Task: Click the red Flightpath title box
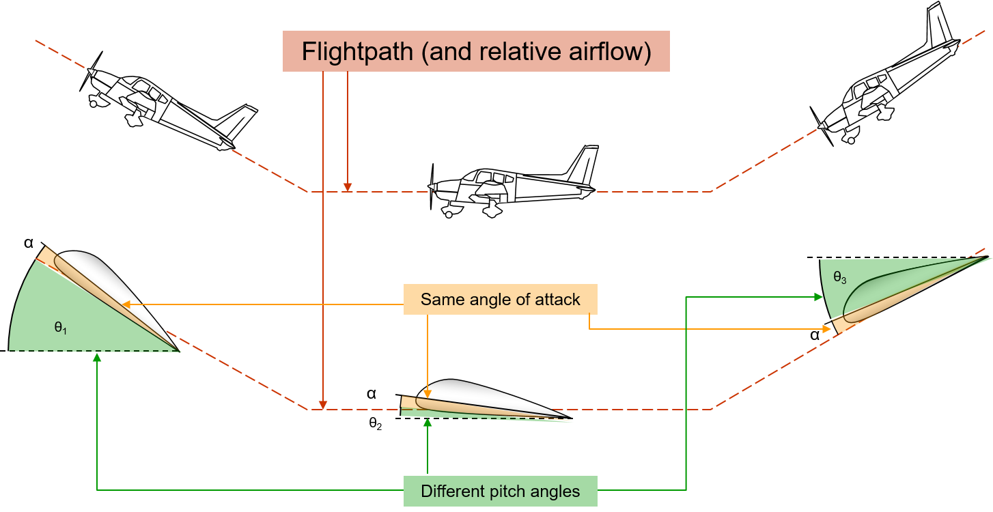point(476,52)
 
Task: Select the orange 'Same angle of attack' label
point(500,299)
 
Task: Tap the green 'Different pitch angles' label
point(500,491)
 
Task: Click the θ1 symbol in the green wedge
point(61,328)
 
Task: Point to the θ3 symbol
point(839,278)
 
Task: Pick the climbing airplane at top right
point(888,82)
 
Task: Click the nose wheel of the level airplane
point(449,213)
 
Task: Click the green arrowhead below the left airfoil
point(97,357)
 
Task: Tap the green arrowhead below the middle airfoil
point(428,423)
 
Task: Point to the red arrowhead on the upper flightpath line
point(348,186)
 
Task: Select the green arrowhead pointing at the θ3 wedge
point(818,296)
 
